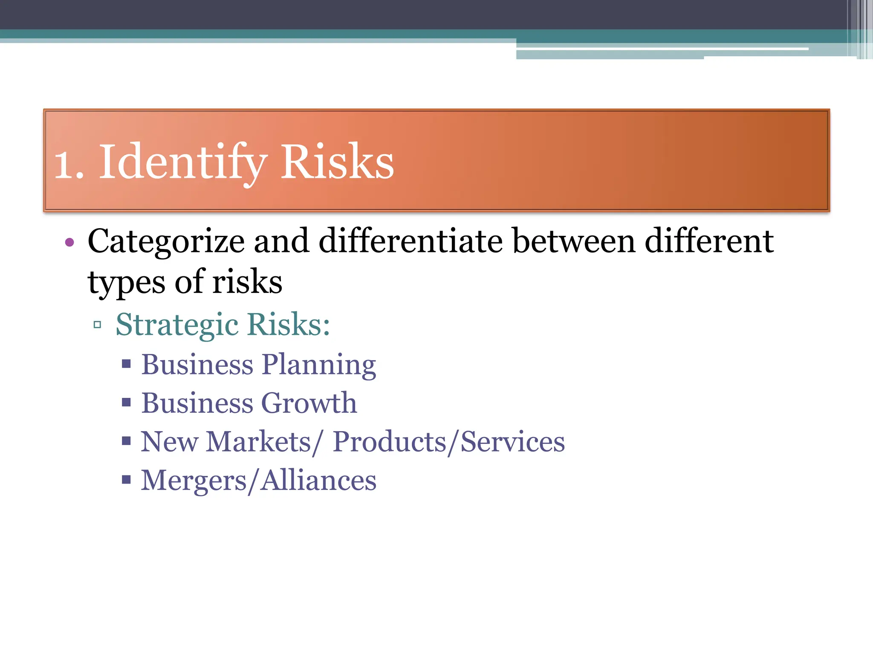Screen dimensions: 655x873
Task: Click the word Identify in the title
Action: pos(183,162)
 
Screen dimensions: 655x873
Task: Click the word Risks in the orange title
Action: pos(337,162)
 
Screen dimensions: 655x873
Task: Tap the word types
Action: pos(126,283)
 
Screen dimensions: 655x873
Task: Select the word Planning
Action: pos(318,365)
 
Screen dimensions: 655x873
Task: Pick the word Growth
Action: pos(309,403)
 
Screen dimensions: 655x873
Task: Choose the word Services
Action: pos(513,442)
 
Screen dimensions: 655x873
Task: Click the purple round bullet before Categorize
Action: pos(69,243)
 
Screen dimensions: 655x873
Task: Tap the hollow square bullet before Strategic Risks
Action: pos(98,325)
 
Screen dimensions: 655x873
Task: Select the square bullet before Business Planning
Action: pos(126,364)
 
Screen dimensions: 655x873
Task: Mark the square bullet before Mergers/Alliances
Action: pos(126,480)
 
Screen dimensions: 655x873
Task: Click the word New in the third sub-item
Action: pos(169,442)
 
